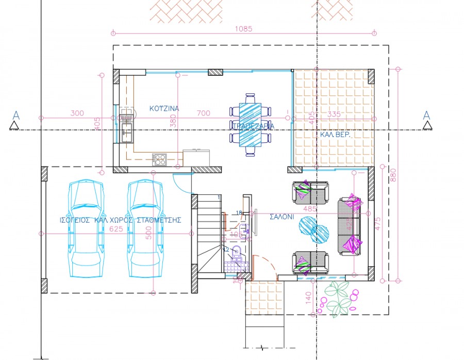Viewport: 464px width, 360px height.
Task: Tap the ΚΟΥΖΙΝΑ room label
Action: click(x=164, y=109)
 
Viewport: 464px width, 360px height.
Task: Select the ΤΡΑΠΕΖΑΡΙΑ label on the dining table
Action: click(x=253, y=126)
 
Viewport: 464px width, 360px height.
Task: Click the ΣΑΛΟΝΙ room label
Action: click(x=281, y=217)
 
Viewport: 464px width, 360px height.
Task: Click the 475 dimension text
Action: click(x=377, y=223)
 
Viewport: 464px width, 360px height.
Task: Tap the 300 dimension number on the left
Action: click(x=77, y=113)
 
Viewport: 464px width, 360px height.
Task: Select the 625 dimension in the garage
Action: click(x=116, y=229)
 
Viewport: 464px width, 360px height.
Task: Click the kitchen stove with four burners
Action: click(x=159, y=159)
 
